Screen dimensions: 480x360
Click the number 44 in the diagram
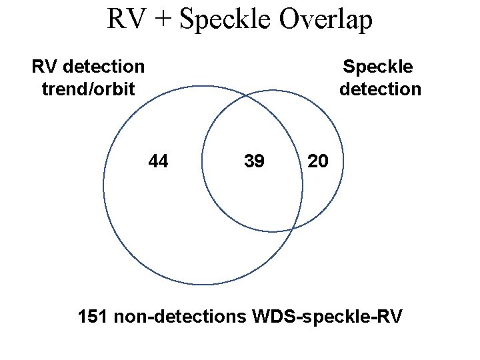point(158,161)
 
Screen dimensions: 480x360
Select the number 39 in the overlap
point(254,161)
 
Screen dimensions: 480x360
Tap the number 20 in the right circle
point(317,161)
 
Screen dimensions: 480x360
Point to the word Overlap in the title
point(325,20)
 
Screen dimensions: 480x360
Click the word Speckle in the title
point(225,20)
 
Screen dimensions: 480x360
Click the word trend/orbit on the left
point(88,89)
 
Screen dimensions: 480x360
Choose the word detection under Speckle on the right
point(380,89)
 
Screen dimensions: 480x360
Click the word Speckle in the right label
point(377,67)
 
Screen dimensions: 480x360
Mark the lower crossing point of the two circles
point(292,229)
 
